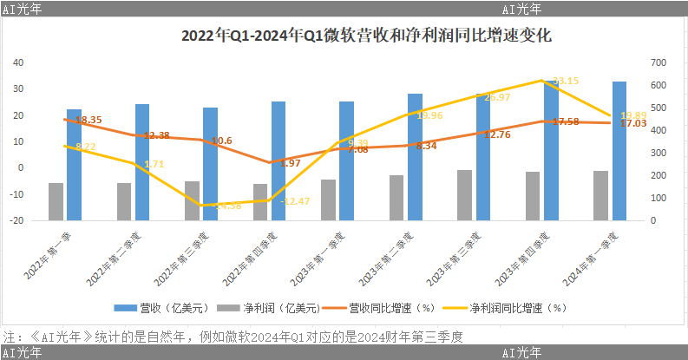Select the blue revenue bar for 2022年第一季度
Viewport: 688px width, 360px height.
[75, 165]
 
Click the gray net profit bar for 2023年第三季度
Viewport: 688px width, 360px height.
[465, 195]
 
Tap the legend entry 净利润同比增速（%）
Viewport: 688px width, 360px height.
[506, 307]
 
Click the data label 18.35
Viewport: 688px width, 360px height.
[88, 120]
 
